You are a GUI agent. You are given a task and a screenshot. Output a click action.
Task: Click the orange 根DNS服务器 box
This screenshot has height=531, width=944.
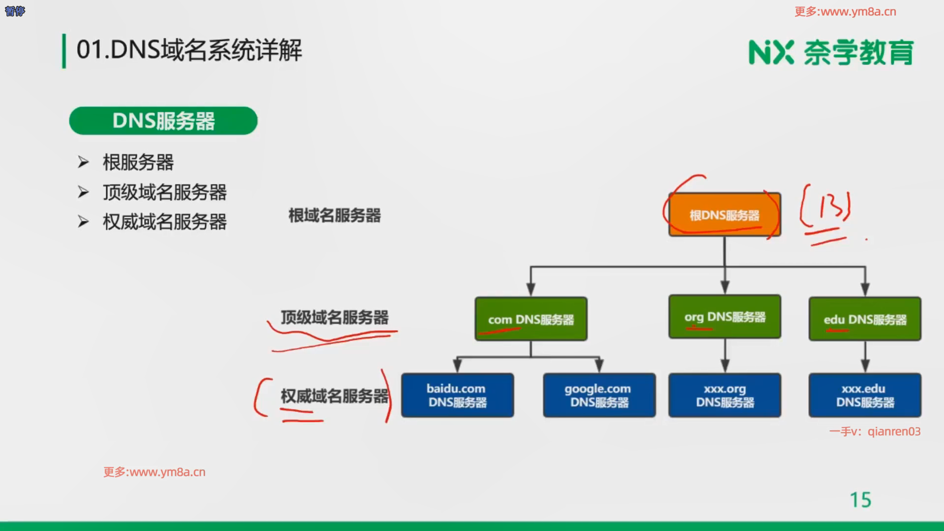point(724,215)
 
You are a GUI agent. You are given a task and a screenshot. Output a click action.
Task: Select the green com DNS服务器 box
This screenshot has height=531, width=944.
point(531,319)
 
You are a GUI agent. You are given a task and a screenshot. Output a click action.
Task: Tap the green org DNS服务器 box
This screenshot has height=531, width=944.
point(725,317)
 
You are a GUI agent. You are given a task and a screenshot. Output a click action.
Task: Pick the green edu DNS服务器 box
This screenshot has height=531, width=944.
point(865,319)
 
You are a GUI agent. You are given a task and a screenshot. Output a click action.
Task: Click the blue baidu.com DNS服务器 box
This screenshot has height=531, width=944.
point(457,395)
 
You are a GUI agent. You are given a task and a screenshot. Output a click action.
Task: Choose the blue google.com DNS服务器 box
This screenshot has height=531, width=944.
point(599,395)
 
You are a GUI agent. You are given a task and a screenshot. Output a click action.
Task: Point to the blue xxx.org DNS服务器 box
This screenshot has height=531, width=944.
point(725,395)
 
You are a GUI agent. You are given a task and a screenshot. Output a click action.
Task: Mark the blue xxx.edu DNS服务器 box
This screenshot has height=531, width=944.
point(865,395)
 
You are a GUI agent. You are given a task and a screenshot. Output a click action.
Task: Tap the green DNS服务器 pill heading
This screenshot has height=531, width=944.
point(163,121)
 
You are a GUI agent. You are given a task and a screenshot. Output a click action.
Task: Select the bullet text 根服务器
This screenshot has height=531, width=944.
point(138,162)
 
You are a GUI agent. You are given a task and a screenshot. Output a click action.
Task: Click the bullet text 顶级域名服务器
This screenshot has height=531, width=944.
point(165,192)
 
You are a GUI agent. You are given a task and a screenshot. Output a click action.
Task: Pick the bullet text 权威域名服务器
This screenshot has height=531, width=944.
point(165,222)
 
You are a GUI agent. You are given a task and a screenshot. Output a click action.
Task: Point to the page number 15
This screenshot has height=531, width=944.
point(860,500)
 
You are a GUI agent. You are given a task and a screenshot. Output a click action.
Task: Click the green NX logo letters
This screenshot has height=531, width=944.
point(771,53)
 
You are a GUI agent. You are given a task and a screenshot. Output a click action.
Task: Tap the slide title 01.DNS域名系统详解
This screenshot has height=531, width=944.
point(189,50)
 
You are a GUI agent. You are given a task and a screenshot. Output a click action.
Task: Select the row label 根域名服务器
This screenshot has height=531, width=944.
point(334,215)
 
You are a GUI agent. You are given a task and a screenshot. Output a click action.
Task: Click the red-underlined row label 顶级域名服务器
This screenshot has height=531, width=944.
point(334,318)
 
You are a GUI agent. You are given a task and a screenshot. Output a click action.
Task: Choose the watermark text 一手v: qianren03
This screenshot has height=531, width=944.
point(875,432)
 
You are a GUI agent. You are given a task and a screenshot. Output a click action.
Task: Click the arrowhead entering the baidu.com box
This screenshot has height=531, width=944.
point(457,366)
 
